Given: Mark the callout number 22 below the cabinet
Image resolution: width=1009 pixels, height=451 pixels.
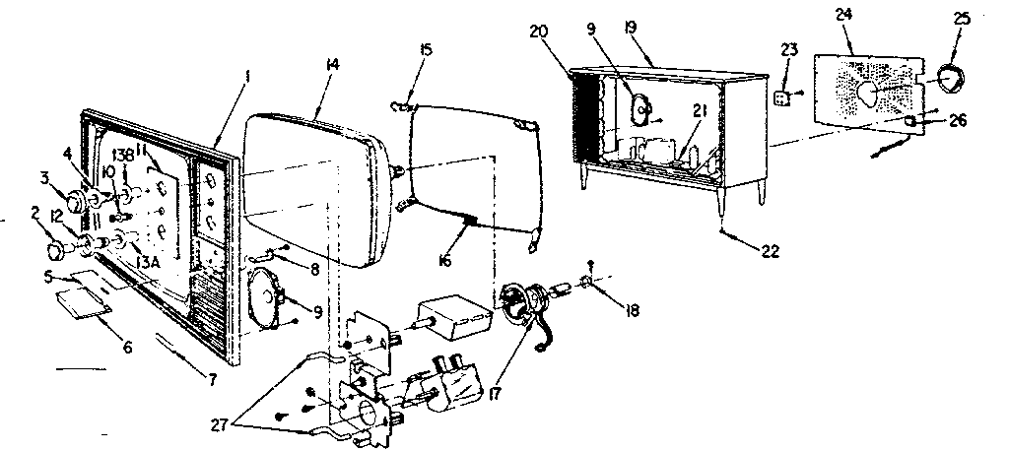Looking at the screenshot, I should [771, 250].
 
